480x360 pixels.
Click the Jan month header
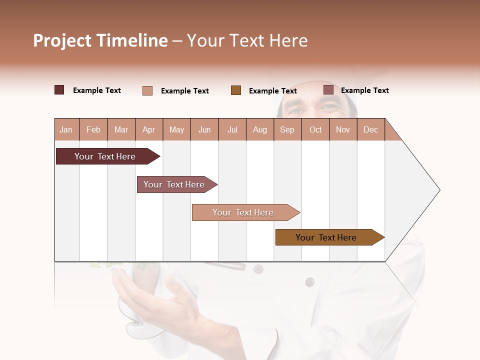pyautogui.click(x=66, y=129)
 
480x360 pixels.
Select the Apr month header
pyautogui.click(x=149, y=129)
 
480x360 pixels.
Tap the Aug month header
pyautogui.click(x=260, y=129)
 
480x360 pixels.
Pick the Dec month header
pyautogui.click(x=371, y=129)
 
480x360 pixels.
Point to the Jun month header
pyautogui.click(x=204, y=129)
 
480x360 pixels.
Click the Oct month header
pyautogui.click(x=315, y=129)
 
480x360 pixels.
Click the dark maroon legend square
pyautogui.click(x=59, y=90)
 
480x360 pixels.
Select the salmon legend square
pyautogui.click(x=147, y=90)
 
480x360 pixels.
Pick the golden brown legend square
pyautogui.click(x=236, y=90)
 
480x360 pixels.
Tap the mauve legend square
pyautogui.click(x=328, y=90)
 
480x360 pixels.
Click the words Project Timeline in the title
pyautogui.click(x=100, y=40)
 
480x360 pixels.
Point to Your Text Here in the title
pyautogui.click(x=247, y=40)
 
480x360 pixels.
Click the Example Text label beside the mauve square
pyautogui.click(x=364, y=90)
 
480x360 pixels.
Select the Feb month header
pyautogui.click(x=93, y=129)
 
